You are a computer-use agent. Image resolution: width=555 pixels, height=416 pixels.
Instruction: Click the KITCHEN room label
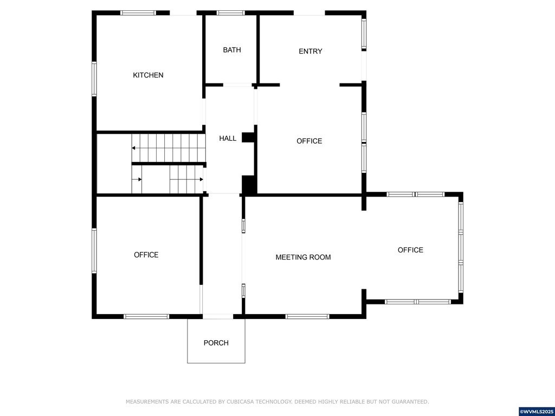tap(148, 75)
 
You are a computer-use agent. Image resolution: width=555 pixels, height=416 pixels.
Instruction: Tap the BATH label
tap(232, 50)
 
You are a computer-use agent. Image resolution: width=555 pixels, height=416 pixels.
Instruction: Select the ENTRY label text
tap(311, 51)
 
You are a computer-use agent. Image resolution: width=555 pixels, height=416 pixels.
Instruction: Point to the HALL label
tap(228, 138)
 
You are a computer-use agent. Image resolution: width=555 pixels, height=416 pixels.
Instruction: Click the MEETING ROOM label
tap(303, 257)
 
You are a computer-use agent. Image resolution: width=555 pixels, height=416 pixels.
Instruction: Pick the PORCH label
tap(216, 343)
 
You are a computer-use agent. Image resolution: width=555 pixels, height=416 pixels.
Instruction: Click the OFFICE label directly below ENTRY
tap(309, 141)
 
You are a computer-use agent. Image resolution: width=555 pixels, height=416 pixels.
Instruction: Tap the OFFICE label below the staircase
tap(146, 255)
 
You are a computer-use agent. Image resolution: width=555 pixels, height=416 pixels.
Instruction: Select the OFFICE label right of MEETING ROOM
tap(410, 250)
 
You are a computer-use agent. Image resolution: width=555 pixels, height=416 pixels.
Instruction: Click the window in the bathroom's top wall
tap(231, 13)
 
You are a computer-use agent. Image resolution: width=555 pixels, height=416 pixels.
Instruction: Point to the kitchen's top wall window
tap(138, 13)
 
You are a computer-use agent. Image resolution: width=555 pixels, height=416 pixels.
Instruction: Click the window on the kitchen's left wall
tap(94, 79)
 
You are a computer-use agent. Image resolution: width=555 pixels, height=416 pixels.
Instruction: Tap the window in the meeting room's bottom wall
tap(307, 316)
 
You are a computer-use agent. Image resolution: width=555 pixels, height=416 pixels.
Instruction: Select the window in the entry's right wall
tap(364, 35)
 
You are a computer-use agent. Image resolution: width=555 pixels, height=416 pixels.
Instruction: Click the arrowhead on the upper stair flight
tap(133, 148)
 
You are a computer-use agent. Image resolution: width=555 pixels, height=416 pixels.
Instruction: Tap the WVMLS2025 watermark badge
tap(537, 412)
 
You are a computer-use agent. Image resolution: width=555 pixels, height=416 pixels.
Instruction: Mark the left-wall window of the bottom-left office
tap(94, 250)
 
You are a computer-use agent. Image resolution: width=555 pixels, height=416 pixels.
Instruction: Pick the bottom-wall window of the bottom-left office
tap(146, 316)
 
